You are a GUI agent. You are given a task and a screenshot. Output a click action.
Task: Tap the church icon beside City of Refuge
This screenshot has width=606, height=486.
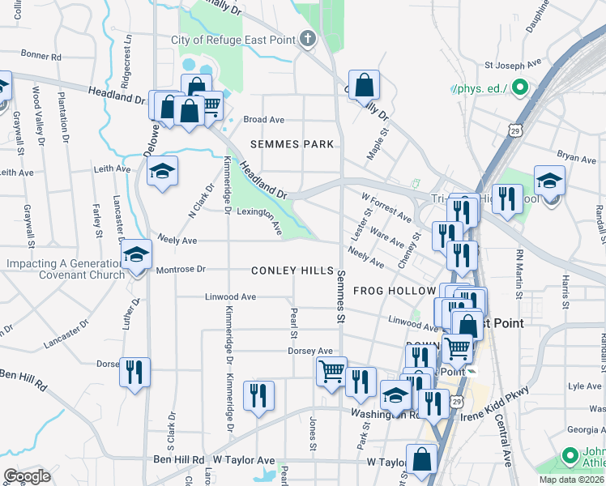(308, 39)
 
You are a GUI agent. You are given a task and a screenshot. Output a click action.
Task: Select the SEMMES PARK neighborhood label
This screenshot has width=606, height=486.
(292, 144)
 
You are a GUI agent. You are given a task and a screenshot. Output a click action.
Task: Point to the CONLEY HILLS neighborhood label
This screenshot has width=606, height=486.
(292, 270)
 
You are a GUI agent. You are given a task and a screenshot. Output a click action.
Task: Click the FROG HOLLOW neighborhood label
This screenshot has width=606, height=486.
(395, 291)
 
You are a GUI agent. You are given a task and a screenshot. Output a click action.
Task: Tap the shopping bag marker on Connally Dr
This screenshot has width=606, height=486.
(364, 85)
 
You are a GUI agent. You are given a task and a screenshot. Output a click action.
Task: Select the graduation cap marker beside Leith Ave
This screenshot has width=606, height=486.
(163, 171)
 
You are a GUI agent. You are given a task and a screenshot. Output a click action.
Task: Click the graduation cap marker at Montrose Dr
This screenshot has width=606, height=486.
(136, 256)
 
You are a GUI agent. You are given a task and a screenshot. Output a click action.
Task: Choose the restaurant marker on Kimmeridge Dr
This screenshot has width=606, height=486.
(259, 395)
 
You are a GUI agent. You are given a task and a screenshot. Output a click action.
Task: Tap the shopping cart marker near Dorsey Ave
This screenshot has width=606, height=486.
(331, 372)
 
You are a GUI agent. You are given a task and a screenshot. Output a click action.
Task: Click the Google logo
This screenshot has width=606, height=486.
(27, 476)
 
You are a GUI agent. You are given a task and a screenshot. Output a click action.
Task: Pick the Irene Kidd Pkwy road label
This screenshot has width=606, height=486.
(493, 403)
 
